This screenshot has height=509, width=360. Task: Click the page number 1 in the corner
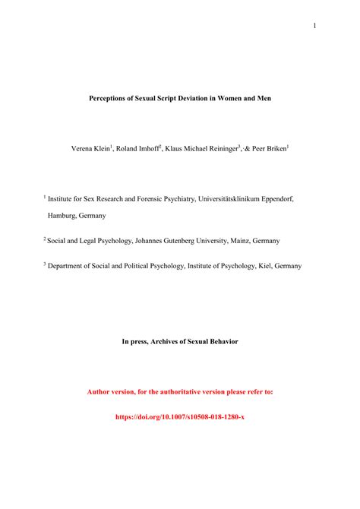[x=314, y=26]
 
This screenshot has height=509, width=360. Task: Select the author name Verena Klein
[x=91, y=149]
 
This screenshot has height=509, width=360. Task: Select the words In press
[x=137, y=342]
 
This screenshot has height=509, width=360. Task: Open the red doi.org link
[x=180, y=416]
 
